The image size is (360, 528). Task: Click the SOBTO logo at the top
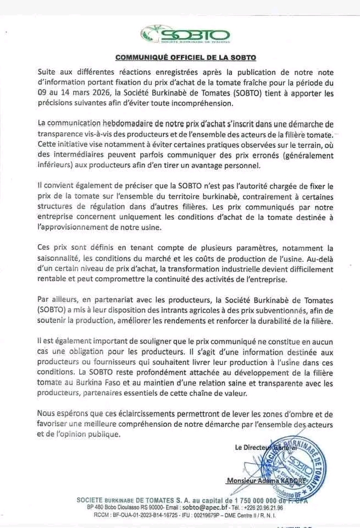tap(185, 34)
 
